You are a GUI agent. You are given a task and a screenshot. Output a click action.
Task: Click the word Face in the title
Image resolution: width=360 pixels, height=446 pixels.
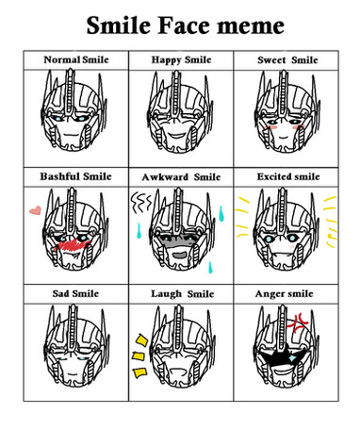185,25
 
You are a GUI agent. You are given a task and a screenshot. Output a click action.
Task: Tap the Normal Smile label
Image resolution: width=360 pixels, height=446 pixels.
76,59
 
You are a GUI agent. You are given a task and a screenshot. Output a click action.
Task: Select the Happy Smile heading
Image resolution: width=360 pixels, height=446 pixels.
181,59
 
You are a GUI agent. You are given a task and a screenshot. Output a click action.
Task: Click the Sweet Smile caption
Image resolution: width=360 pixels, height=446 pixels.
287,59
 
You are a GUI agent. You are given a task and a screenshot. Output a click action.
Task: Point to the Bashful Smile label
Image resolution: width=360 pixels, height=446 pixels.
75,176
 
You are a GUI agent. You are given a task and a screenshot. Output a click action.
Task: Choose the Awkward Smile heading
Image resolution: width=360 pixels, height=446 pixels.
181,177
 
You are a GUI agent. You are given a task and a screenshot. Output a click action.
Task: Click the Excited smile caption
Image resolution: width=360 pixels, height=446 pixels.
288,176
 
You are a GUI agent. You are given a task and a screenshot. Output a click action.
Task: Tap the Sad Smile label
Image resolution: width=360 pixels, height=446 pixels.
75,293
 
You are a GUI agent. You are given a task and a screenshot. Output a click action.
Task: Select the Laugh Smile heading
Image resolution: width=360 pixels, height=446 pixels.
183,294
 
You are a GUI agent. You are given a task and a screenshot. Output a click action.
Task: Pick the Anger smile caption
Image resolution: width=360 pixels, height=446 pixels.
285,294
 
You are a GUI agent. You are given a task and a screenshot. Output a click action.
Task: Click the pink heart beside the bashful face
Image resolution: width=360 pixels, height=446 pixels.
35,210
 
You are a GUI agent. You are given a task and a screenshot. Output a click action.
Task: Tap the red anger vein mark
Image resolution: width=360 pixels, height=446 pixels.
298,322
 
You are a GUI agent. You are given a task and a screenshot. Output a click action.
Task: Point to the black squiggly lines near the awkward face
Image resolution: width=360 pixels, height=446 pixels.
141,202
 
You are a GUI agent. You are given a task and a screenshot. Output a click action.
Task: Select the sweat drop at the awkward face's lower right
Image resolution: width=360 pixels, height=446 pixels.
211,267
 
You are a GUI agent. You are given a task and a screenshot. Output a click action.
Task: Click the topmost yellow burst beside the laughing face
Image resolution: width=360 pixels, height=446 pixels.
141,340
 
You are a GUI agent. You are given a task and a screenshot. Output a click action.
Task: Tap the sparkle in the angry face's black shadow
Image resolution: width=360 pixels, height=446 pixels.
292,358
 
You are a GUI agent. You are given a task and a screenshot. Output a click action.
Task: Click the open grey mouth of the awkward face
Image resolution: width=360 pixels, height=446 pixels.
181,255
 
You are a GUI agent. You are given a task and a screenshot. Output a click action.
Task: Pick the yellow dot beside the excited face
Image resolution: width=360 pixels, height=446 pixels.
329,235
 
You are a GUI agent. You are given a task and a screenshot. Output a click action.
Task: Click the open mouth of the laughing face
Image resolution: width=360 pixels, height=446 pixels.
177,372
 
